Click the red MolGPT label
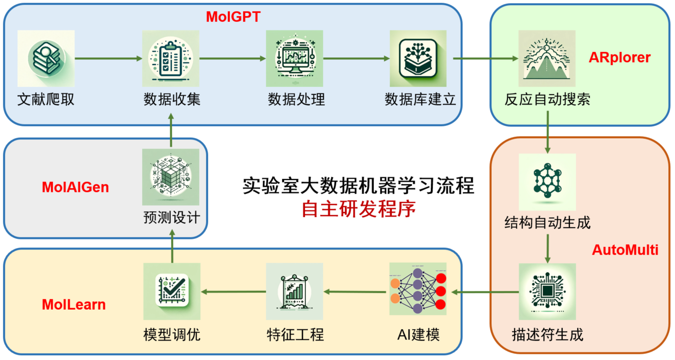[233, 17]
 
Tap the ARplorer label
[619, 57]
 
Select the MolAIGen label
[76, 188]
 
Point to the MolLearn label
[74, 304]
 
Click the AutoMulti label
[625, 250]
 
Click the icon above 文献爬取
[46, 58]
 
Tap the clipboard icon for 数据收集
[171, 58]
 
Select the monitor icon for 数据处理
[295, 58]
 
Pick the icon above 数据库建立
[418, 58]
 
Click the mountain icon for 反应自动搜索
[547, 58]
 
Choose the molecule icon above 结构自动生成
[547, 182]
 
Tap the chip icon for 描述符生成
[547, 292]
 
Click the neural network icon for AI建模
[418, 289]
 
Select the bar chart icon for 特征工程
[295, 291]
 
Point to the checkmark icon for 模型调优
[172, 291]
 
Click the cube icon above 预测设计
[171, 177]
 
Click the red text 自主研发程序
[359, 209]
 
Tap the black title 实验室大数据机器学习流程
[359, 185]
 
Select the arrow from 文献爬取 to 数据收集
[108, 58]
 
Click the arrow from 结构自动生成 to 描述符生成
[548, 249]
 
